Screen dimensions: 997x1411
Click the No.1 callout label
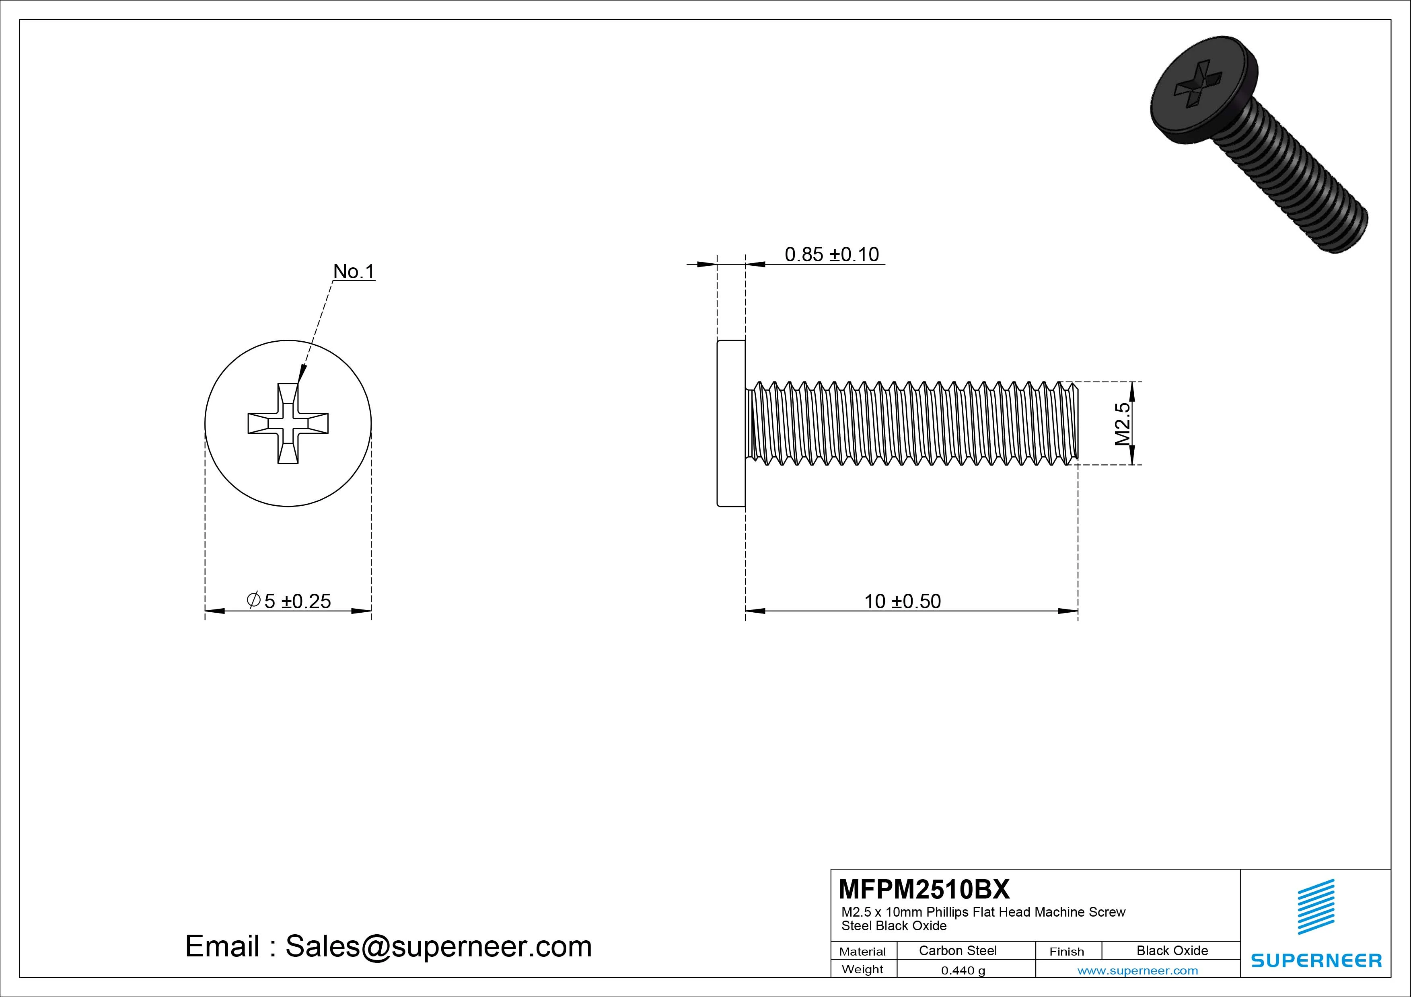point(354,271)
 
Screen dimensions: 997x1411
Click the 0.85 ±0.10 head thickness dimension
point(831,254)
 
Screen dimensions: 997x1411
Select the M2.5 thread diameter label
point(1122,424)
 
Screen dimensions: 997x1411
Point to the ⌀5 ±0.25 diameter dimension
point(288,600)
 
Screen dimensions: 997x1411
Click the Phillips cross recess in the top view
point(288,423)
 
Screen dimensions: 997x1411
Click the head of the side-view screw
point(731,423)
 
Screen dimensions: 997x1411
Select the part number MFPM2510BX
point(924,889)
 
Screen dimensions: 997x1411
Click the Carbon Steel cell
point(957,950)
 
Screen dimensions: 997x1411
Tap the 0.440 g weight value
point(963,970)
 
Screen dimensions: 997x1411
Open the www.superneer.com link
point(1137,970)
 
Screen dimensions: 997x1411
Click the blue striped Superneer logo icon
point(1316,907)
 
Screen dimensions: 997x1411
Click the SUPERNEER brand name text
point(1316,960)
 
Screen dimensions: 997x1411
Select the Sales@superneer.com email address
point(438,947)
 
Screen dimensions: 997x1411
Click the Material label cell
point(862,952)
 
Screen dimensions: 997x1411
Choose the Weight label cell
point(862,969)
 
